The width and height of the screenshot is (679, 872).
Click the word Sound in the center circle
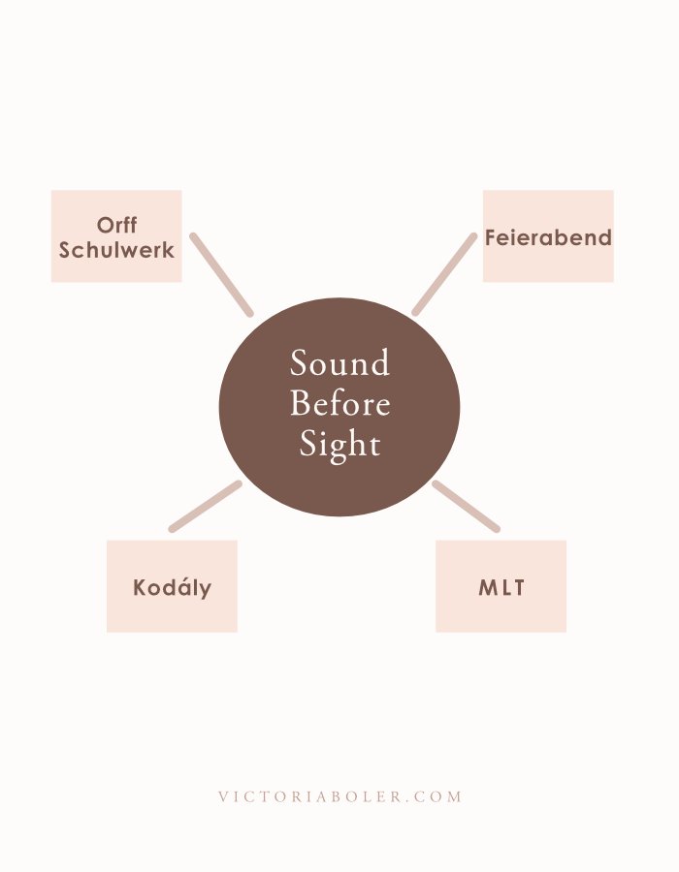coord(339,363)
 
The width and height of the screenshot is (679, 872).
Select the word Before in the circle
coord(339,403)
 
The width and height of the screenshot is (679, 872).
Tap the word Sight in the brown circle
coord(339,444)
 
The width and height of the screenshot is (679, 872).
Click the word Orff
coord(116,227)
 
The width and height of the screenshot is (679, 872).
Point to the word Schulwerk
coord(116,249)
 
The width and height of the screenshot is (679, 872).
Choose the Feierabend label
coord(548,237)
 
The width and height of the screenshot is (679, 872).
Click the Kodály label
coord(172,587)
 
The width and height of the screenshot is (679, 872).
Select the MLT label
coord(501,587)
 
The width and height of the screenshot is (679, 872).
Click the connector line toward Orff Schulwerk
coord(221,274)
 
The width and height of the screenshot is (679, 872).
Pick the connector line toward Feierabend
coord(444,274)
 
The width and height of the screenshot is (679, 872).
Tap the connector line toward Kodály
coord(205,506)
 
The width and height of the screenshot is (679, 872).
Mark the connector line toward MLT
coord(466,506)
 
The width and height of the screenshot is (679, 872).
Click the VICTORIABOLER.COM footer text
coord(339,796)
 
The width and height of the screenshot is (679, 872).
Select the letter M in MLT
coord(487,587)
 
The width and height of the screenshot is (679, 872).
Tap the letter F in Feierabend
coord(491,237)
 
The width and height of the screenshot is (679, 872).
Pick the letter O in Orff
coord(104,227)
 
